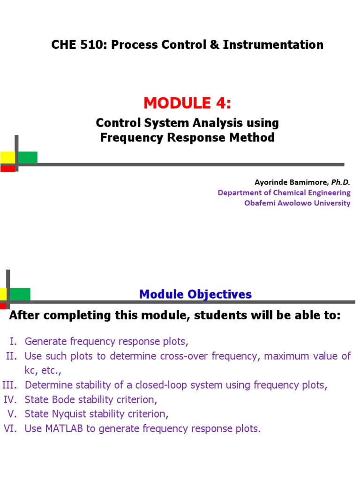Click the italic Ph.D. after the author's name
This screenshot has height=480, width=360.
341,182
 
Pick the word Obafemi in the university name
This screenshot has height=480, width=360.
260,203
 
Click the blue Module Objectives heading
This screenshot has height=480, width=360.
195,294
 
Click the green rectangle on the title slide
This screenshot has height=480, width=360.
28,157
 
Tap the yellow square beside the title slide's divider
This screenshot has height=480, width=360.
7,157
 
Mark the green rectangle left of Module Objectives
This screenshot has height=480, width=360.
20,294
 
